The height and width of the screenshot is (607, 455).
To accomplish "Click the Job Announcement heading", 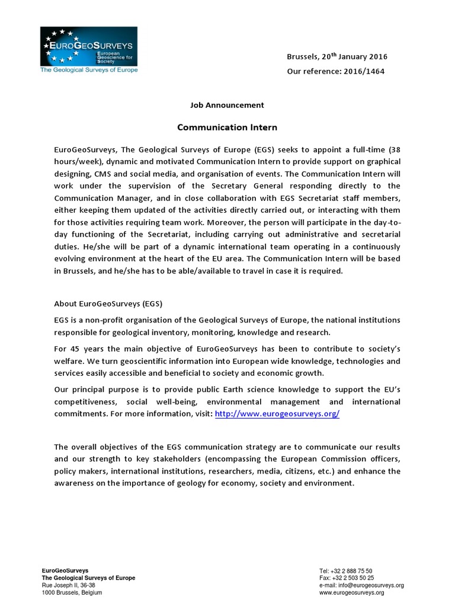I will pos(227,105).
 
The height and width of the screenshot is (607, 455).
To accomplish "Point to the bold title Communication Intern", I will pos(227,127).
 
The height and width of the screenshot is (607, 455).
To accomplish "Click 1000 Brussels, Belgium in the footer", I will pos(72,592).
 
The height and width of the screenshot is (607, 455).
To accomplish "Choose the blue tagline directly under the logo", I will pos(88,70).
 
